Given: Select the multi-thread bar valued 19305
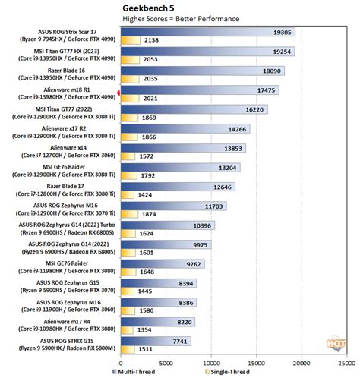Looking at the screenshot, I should (205, 33).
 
